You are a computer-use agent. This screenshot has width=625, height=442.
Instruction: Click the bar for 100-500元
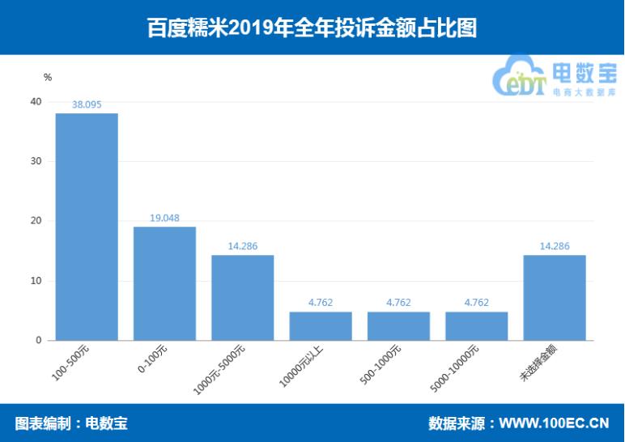[x=87, y=227]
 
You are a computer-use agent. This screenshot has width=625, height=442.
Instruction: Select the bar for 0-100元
[x=164, y=283]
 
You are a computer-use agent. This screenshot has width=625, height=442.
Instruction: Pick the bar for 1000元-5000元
[x=243, y=298]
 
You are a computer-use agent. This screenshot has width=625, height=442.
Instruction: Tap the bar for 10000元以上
[x=321, y=326]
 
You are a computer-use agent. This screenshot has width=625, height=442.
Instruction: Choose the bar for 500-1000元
[x=398, y=326]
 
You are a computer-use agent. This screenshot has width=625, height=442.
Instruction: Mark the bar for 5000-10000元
[x=476, y=326]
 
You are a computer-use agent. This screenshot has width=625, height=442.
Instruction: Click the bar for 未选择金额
[x=555, y=298]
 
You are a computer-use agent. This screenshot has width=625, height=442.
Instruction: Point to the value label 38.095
[x=87, y=104]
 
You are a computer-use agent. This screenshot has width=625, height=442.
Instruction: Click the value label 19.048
[x=164, y=218]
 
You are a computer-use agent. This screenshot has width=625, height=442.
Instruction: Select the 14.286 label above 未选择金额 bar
[x=555, y=246]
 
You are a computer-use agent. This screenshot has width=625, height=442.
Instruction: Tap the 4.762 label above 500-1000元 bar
[x=398, y=303]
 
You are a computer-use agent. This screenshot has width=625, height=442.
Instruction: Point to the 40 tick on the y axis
[x=35, y=101]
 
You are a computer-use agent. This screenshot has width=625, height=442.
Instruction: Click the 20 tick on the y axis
[x=35, y=221]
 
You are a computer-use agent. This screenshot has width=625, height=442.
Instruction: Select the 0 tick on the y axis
[x=37, y=341]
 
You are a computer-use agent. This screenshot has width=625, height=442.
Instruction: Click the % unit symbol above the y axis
[x=48, y=78]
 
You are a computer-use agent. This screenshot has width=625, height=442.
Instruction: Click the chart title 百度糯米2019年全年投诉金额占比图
[x=312, y=28]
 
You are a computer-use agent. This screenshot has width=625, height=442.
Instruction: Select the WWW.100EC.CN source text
[x=554, y=423]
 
